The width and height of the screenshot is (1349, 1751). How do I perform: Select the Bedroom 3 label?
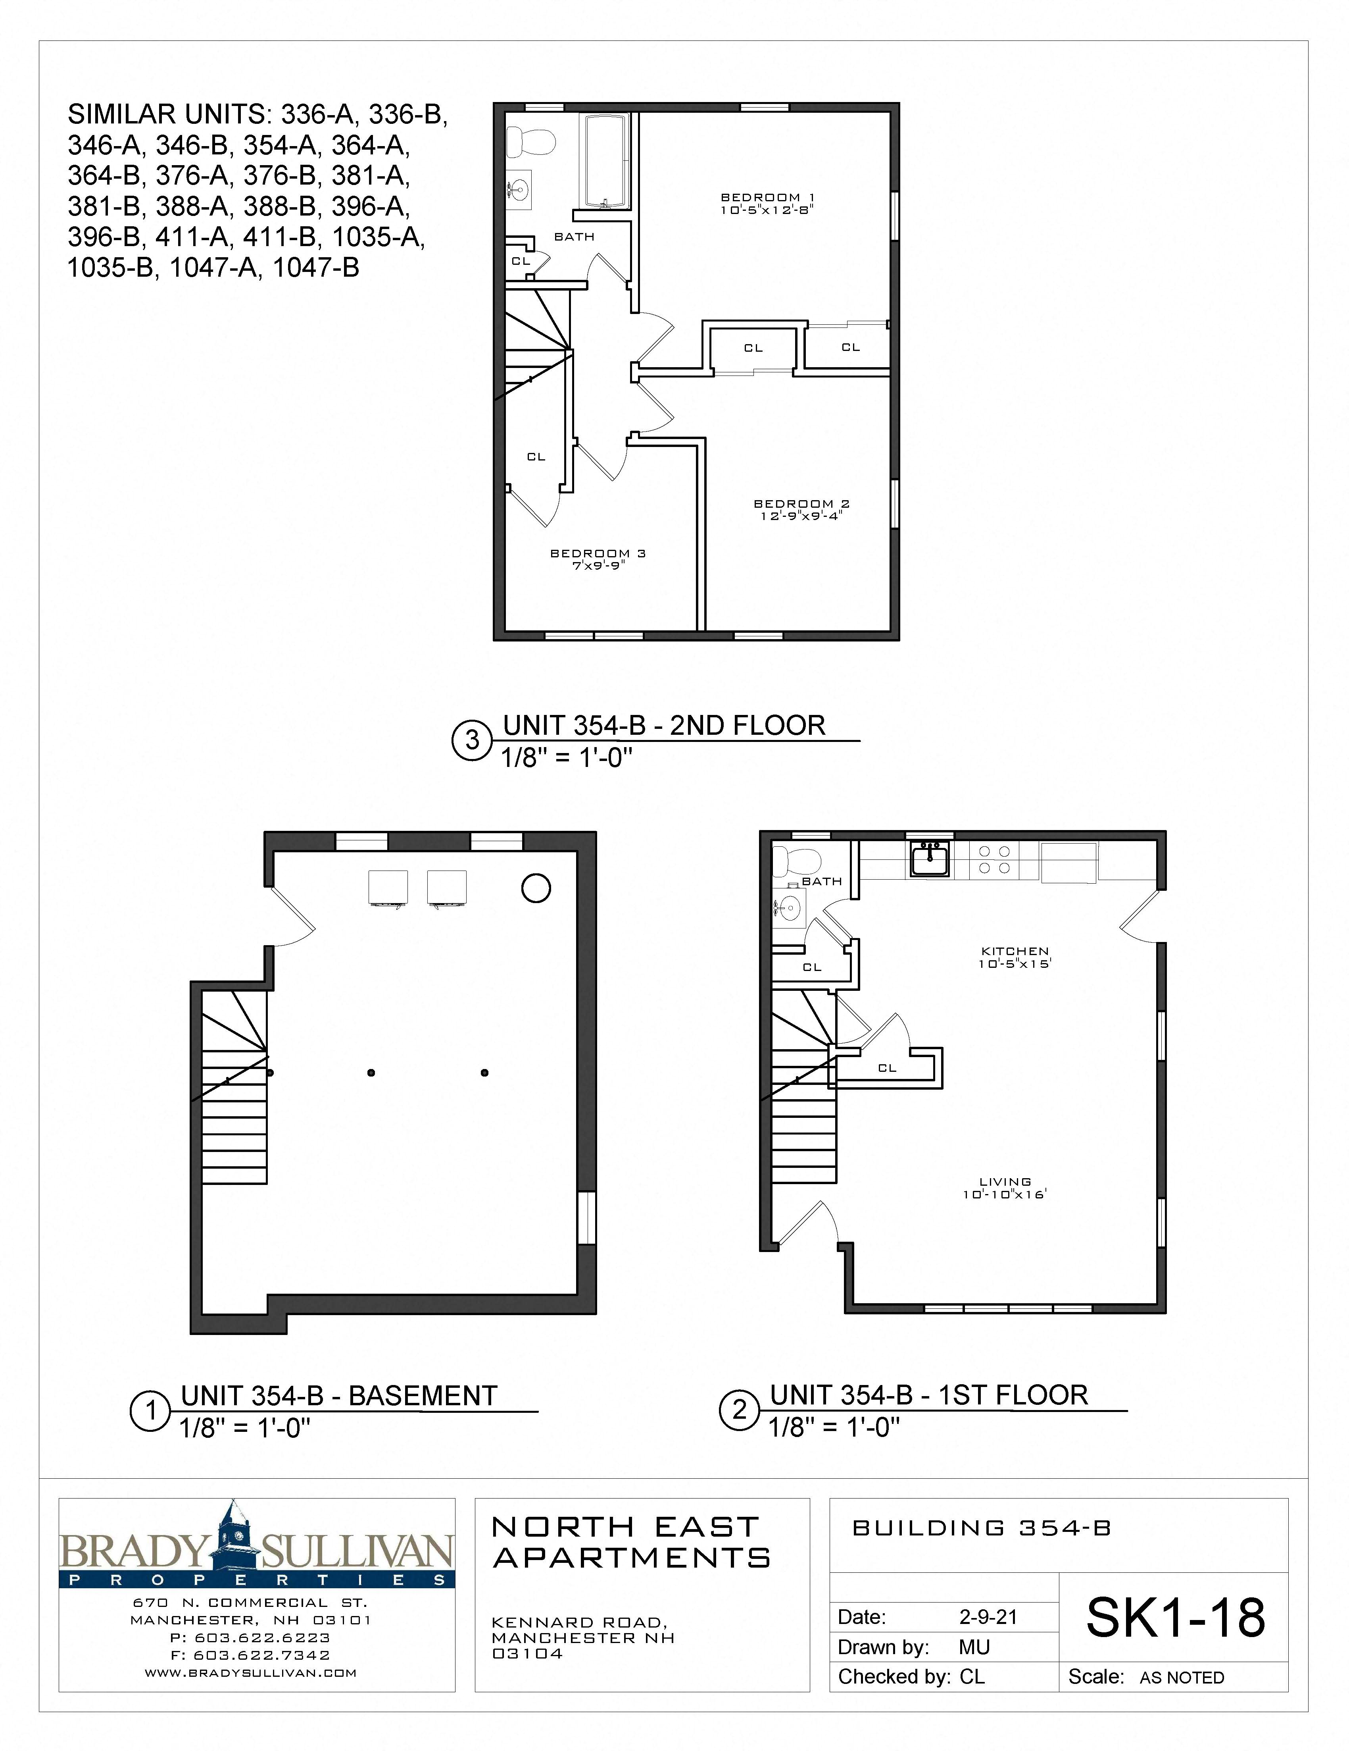[597, 553]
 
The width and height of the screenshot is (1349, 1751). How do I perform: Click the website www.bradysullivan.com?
[250, 1673]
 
